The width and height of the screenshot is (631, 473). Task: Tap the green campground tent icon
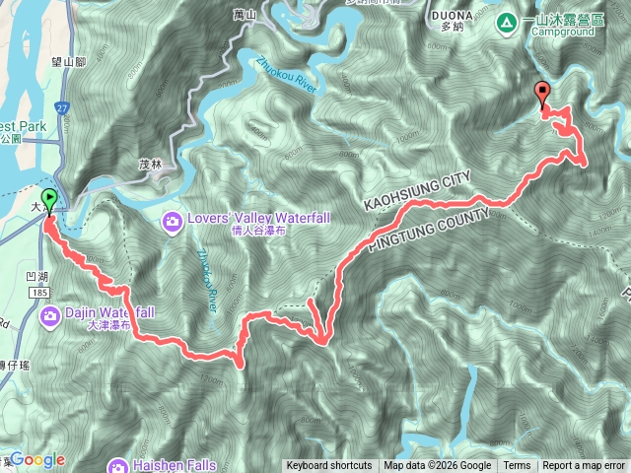click(x=507, y=21)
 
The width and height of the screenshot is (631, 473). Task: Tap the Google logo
click(x=36, y=459)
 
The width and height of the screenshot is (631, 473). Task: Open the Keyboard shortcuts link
click(x=329, y=466)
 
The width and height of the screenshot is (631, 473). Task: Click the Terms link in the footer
click(x=517, y=466)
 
